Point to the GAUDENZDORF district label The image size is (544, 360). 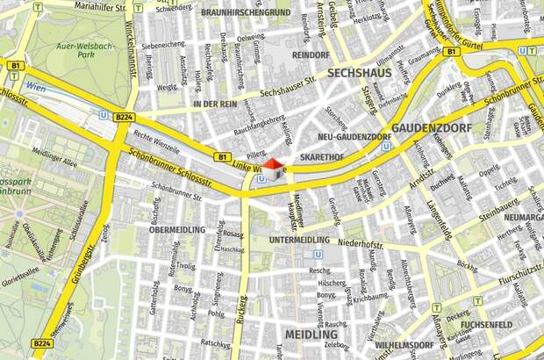coord(432,128)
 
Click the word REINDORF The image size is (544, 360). coord(311,55)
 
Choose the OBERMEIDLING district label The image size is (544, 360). coord(176,230)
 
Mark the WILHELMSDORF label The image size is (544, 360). coord(400,346)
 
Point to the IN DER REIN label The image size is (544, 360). coord(215,104)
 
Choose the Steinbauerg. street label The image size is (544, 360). coord(500,209)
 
